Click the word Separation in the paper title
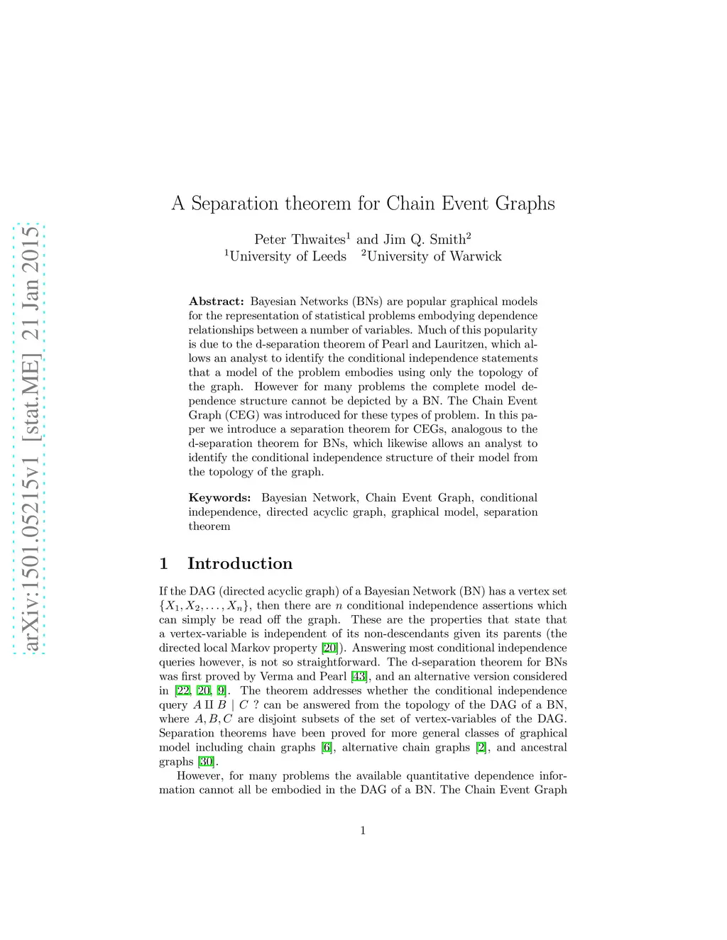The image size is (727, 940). [x=236, y=204]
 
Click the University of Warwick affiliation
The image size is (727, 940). [x=433, y=257]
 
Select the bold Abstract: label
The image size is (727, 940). [x=216, y=302]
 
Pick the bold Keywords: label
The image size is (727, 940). [x=219, y=498]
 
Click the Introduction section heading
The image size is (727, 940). [x=240, y=564]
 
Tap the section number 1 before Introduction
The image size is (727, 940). [x=164, y=564]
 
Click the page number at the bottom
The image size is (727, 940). [x=363, y=831]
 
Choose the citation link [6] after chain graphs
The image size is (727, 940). [x=327, y=748]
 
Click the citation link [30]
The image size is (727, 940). [x=206, y=762]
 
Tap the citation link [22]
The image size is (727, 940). [x=182, y=691]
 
